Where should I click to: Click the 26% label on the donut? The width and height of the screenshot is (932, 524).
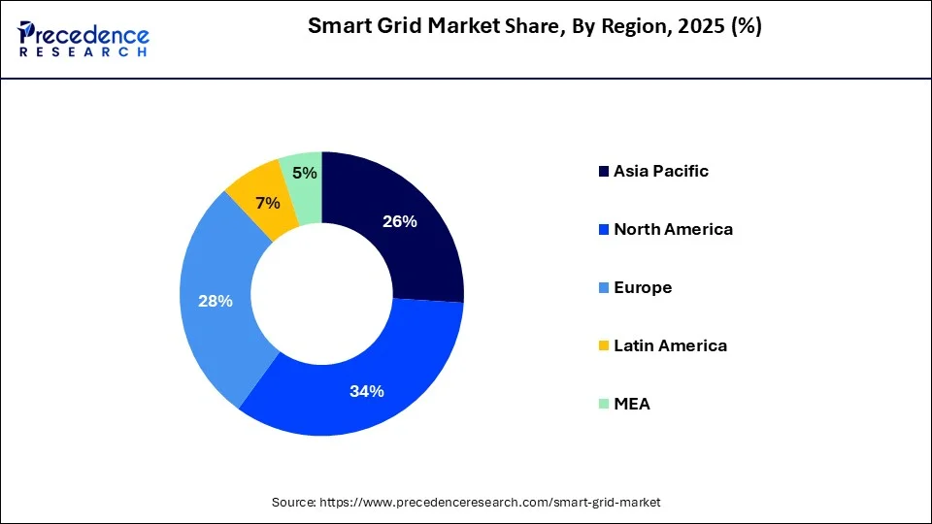point(399,221)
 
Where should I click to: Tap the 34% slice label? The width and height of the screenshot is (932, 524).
point(367,391)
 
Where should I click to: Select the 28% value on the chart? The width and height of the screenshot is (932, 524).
point(215,301)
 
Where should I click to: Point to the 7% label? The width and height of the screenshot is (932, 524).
point(267,203)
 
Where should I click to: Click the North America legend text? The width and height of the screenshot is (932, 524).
point(673,229)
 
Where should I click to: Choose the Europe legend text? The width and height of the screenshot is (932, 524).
point(642,287)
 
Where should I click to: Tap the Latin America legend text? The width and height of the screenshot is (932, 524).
point(670,345)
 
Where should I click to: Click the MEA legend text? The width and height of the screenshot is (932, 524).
point(631,404)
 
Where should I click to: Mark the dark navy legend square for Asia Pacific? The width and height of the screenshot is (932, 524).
point(603,172)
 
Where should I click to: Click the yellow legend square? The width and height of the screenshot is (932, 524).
point(603,346)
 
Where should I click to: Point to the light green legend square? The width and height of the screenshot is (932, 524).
point(603,405)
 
